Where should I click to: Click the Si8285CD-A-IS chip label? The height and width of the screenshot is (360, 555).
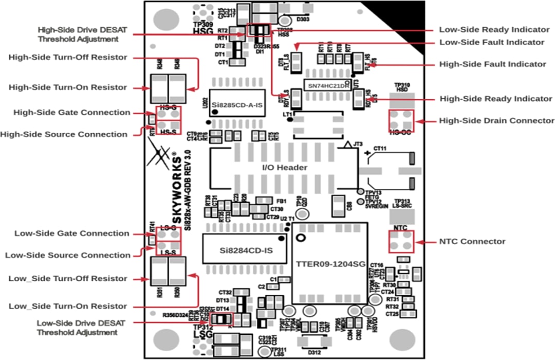(x=237, y=105)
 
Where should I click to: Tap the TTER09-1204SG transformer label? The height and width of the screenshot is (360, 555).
(x=330, y=264)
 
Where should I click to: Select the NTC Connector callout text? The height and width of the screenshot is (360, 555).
(x=472, y=241)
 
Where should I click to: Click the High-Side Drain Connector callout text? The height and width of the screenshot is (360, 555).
(x=496, y=121)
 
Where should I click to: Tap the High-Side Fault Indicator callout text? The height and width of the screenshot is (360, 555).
(x=493, y=64)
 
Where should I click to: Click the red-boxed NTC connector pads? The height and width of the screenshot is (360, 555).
(x=401, y=241)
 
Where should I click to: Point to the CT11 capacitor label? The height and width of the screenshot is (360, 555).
(x=380, y=149)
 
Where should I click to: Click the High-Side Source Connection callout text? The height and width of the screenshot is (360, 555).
(x=64, y=135)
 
